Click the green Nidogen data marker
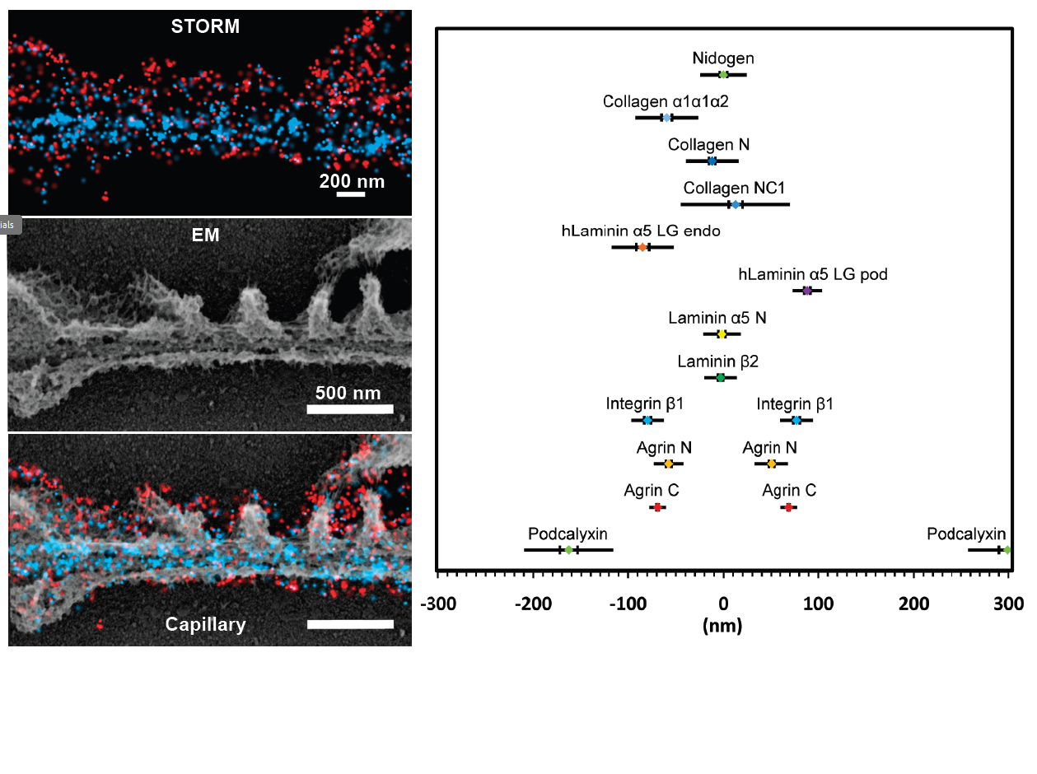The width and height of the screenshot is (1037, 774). pos(723,75)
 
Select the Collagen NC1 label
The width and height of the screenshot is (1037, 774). pos(734,189)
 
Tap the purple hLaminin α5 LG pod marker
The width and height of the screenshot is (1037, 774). pos(807,291)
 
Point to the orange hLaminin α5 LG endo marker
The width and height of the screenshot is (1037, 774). pos(642,247)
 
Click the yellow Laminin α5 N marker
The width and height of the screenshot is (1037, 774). pos(722,334)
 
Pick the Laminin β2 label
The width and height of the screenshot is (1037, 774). pos(717,361)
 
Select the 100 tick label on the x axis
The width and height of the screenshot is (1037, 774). pos(818,605)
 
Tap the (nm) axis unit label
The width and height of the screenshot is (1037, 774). pos(722,626)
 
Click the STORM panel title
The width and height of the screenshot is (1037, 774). pos(205,26)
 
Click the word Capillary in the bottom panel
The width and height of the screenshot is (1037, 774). pos(205,624)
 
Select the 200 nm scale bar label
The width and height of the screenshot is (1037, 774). pos(352,181)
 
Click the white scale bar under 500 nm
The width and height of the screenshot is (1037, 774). pos(350,409)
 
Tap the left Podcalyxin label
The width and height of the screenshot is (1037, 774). pos(568,534)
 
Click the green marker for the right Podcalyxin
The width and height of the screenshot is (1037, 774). pos(1007,550)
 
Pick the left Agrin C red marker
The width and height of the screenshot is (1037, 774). pos(657,507)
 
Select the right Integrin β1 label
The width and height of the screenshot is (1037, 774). pos(795,404)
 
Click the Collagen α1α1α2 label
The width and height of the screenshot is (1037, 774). pos(666,101)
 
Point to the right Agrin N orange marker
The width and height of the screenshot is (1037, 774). pos(771,464)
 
